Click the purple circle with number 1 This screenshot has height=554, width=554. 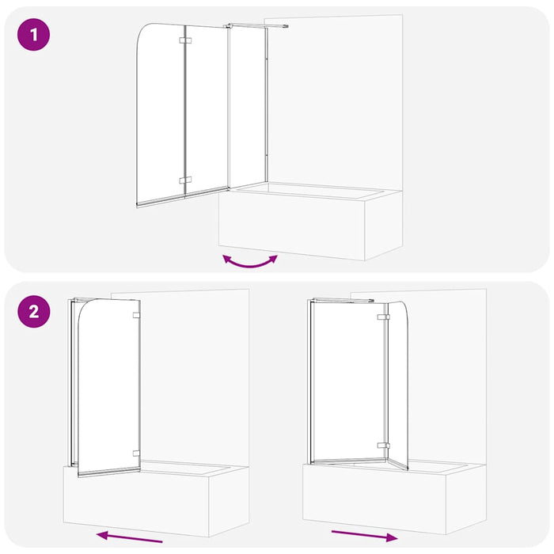pos(33,35)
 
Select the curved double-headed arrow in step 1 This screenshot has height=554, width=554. pos(250,261)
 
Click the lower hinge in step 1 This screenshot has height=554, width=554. pos(185,180)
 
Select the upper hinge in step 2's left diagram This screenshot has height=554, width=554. pos(137,316)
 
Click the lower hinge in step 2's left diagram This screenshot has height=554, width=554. pos(137,454)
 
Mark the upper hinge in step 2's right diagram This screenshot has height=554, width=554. pos(384,317)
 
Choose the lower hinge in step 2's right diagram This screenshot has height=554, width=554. pos(384,446)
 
